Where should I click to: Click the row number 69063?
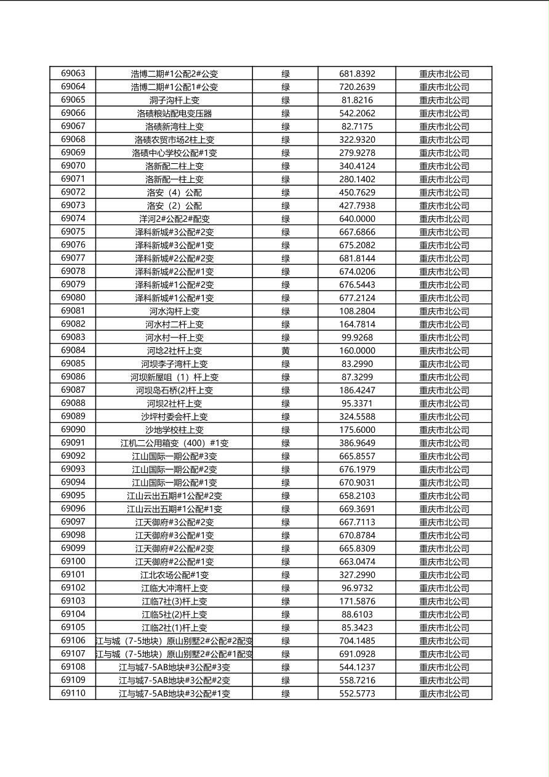pos(73,73)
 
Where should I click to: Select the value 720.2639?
pos(357,87)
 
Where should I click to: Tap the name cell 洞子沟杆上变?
pos(174,100)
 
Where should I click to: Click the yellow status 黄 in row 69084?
pos(286,350)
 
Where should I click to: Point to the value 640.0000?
pos(357,219)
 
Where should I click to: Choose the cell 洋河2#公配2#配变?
pos(174,219)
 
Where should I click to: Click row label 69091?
pos(73,443)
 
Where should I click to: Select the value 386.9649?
pos(357,443)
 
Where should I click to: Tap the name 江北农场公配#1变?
pos(174,574)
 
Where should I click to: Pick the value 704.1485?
pos(357,640)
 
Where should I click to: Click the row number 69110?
pos(73,693)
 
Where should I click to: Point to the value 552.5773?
pos(357,693)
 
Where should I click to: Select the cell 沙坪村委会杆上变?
pos(174,416)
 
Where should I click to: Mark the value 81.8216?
pos(357,100)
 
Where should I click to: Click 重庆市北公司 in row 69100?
pos(444,562)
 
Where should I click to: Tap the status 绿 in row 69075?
pos(286,231)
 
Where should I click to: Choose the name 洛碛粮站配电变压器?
pos(174,113)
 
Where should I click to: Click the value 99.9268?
pos(357,337)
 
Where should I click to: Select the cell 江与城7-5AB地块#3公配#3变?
pos(174,667)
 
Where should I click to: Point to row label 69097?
pos(73,521)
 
